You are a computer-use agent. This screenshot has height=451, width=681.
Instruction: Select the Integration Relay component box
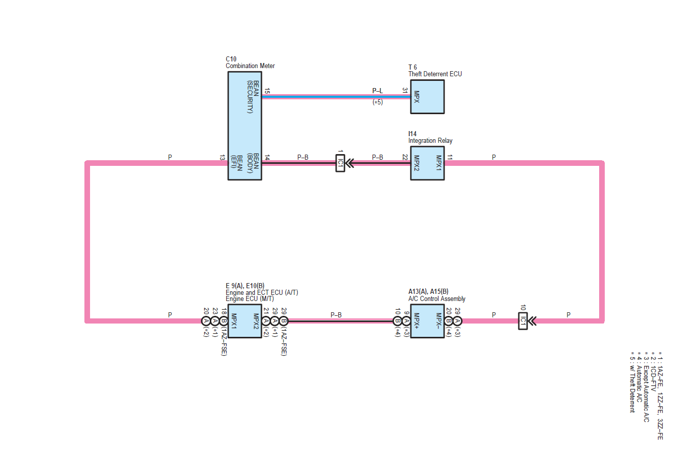pos(427,163)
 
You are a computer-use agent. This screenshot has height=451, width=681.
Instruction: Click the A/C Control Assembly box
pos(427,321)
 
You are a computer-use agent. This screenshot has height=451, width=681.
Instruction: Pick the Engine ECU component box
pos(244,321)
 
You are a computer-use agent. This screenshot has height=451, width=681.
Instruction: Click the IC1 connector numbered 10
pos(522,321)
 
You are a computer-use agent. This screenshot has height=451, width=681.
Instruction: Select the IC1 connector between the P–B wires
pos(340,163)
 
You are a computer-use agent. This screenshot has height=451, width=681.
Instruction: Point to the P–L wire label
pos(377,91)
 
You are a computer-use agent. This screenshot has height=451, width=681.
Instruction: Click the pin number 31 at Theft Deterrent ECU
pos(405,90)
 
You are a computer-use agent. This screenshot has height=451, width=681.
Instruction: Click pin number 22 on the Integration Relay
pos(405,157)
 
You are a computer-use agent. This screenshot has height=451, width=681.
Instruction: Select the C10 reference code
pos(231,59)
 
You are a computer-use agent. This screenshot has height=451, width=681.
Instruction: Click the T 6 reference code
pos(412,67)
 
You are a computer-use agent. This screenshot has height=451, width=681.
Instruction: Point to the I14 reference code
pos(412,134)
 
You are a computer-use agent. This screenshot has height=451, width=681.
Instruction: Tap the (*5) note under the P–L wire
pos(377,102)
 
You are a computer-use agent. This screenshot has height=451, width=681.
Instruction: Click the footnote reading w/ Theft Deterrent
pos(633,382)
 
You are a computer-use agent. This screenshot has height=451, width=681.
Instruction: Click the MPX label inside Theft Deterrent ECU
pos(417,96)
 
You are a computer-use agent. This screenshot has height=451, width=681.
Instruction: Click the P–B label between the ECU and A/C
pos(336,315)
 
